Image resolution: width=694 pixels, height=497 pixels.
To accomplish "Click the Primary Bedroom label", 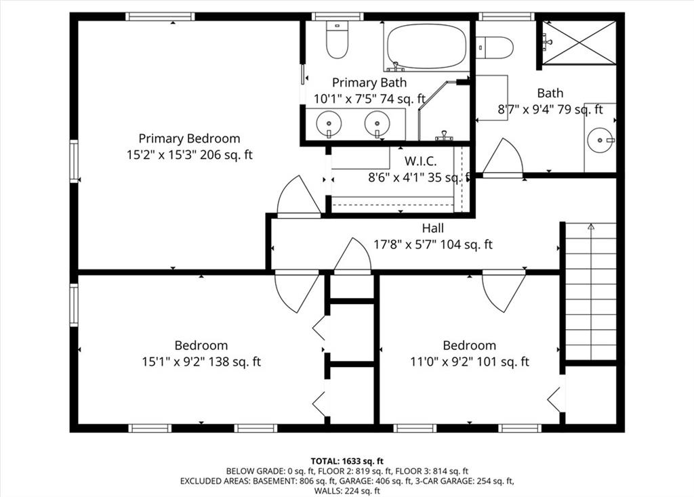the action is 190,138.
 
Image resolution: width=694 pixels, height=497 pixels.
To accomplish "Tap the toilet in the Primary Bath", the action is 337,39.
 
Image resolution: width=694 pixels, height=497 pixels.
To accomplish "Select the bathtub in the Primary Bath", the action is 427,47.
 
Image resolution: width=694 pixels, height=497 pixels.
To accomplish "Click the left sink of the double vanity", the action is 329,125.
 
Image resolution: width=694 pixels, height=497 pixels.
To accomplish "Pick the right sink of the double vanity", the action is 377,125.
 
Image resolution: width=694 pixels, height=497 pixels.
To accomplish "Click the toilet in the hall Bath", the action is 494,47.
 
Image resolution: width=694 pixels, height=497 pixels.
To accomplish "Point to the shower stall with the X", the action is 579,43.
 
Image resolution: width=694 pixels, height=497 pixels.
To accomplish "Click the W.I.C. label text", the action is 420,161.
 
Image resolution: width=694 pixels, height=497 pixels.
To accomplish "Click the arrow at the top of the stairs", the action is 591,227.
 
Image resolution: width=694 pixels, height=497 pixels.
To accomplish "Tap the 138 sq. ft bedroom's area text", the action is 234,362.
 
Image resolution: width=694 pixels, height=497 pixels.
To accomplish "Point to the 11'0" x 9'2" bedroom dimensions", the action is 438,362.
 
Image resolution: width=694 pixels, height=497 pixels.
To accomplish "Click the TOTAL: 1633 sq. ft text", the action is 347,462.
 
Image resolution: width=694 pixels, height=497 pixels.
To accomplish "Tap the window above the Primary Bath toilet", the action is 338,16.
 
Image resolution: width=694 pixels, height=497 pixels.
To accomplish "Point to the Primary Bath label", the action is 369,83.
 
